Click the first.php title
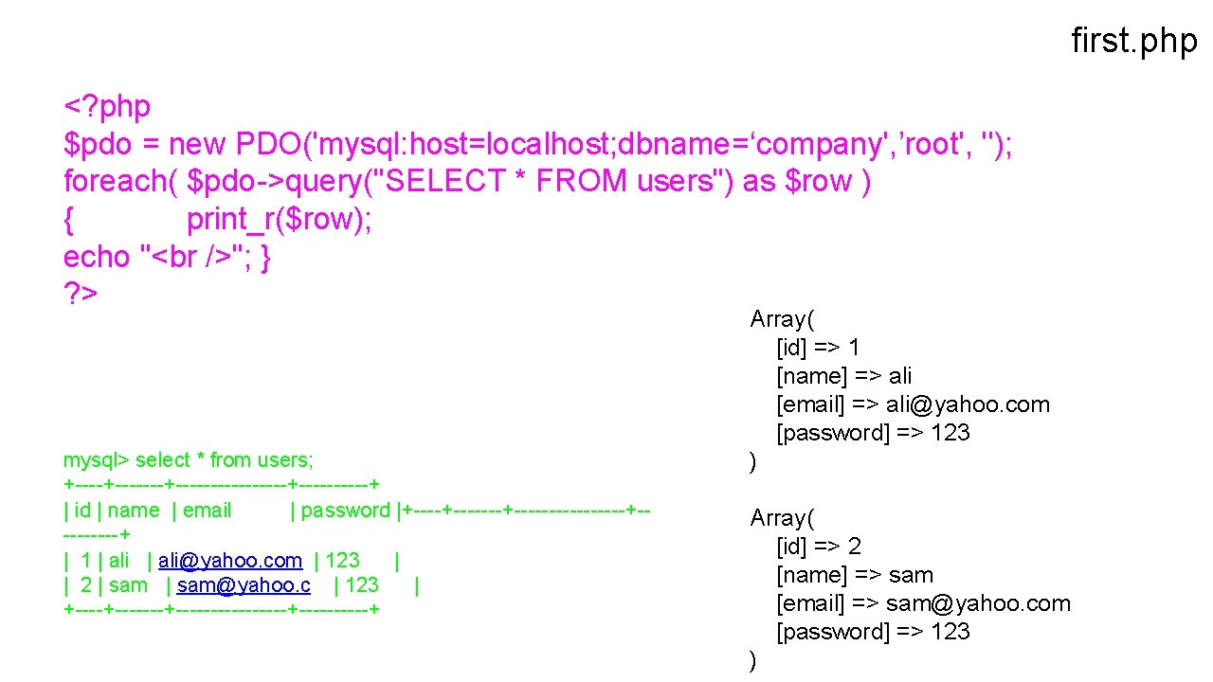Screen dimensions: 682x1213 point(1133,41)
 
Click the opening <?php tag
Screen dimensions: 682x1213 point(106,107)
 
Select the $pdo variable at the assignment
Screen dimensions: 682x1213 point(92,145)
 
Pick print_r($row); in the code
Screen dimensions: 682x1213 point(280,220)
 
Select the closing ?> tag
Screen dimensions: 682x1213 point(81,294)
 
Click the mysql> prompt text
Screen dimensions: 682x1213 point(96,460)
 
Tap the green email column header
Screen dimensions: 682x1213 point(208,511)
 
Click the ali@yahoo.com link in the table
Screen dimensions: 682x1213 point(230,561)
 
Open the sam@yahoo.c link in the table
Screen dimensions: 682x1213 point(244,585)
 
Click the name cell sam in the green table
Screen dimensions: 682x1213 point(128,585)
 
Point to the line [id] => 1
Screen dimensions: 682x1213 point(818,348)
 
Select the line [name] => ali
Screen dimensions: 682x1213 point(844,376)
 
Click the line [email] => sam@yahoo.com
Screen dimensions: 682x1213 point(923,603)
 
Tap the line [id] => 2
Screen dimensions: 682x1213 point(819,547)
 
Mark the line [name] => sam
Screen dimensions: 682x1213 point(855,575)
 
